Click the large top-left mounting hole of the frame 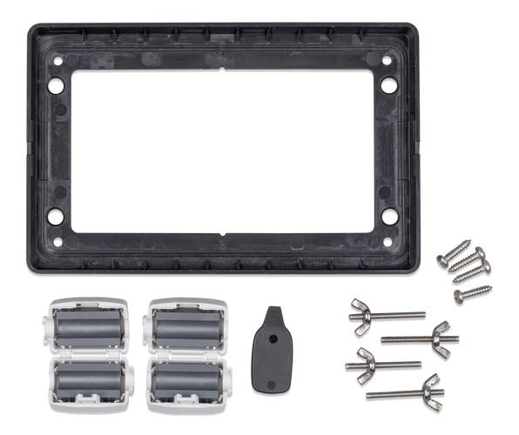55,87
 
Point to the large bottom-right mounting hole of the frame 389,216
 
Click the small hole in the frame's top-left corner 57,62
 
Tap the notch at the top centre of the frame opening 223,68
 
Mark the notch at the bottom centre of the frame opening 224,233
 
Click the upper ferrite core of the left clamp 89,327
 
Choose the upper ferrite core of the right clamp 186,327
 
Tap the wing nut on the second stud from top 443,334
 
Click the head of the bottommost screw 459,296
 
